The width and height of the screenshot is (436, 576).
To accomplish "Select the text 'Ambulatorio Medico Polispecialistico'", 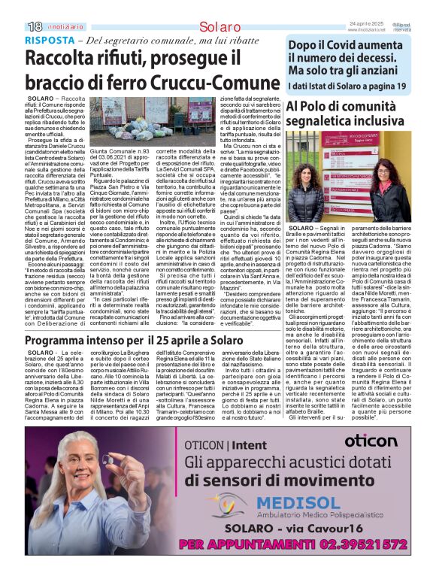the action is coord(297,515).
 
